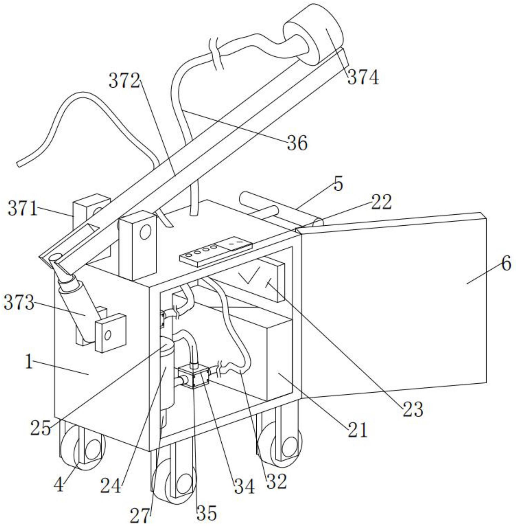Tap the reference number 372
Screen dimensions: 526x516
125,81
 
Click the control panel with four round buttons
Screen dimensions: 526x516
216,252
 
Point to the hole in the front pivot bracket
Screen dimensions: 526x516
145,233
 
